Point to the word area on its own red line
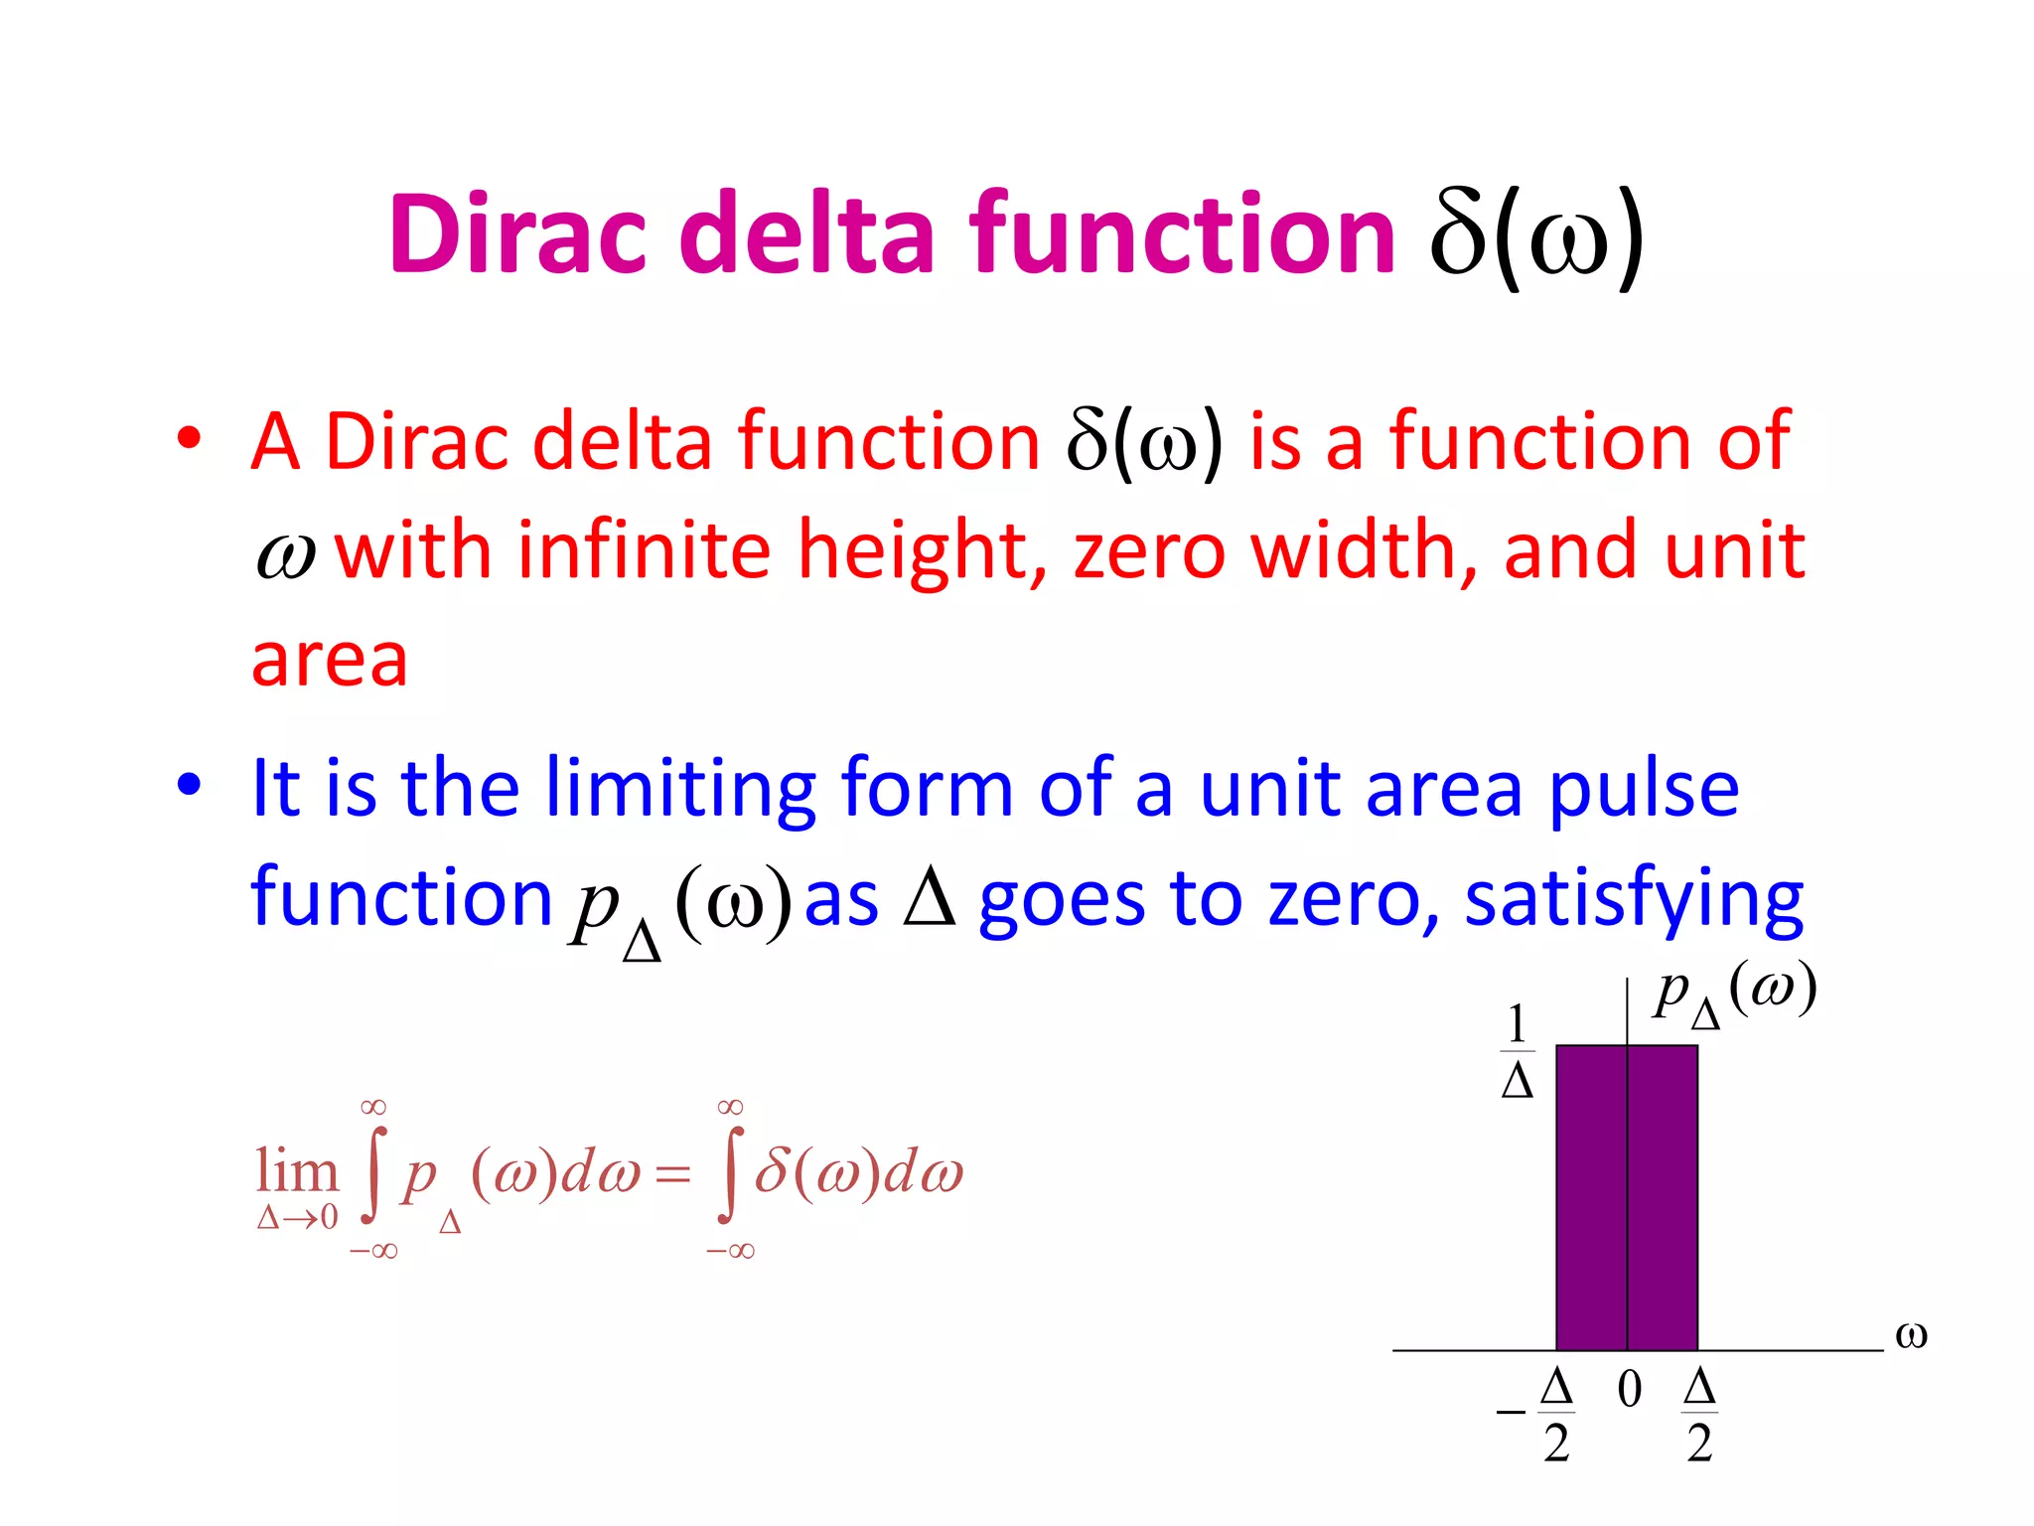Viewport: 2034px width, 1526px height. tap(330, 660)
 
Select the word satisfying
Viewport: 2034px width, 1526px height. tap(1633, 899)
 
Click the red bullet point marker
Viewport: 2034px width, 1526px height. tap(189, 438)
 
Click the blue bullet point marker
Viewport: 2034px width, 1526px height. tap(189, 785)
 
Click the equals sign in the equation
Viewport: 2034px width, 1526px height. tap(673, 1175)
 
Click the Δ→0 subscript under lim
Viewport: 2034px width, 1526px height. tap(297, 1217)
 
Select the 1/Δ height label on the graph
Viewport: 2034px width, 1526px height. tap(1517, 1050)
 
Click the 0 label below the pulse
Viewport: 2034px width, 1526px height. tap(1629, 1389)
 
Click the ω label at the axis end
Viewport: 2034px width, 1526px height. tap(1911, 1334)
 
